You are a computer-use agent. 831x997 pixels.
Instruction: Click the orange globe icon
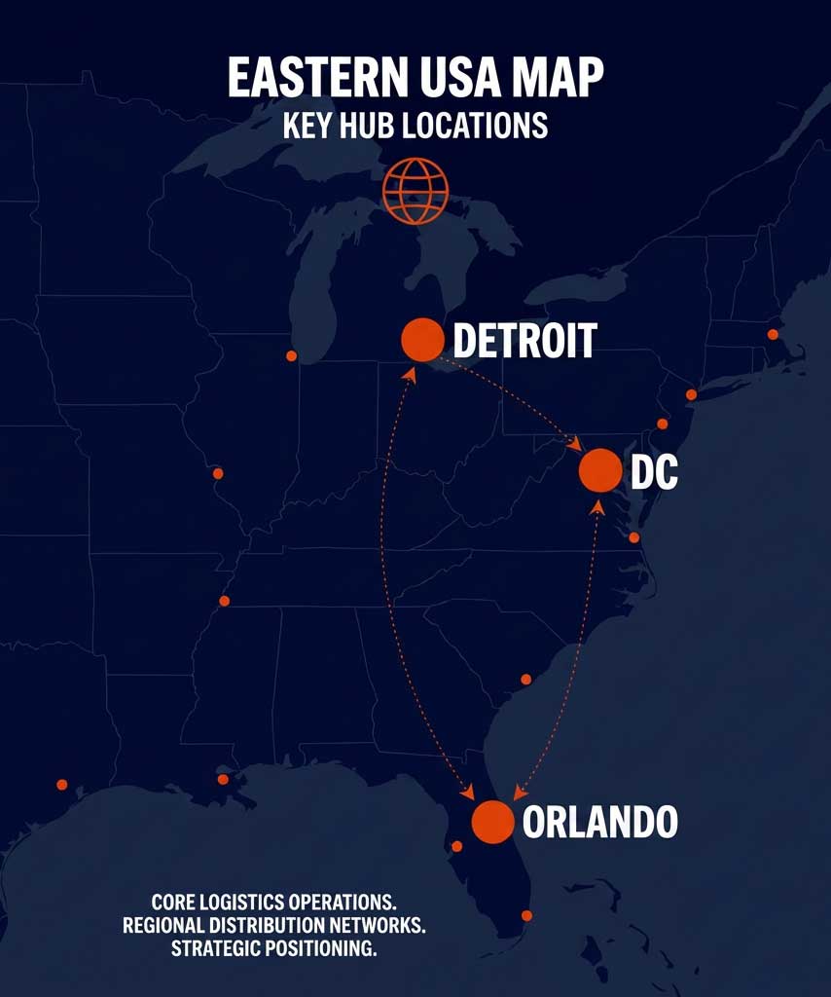(x=415, y=190)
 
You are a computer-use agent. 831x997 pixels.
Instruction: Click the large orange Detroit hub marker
(x=422, y=339)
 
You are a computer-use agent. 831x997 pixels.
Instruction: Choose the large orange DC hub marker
(x=599, y=470)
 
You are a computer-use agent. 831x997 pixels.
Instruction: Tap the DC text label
(x=654, y=472)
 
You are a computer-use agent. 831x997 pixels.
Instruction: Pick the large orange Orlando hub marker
(x=492, y=822)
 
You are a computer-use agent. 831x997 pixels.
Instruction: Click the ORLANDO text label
(x=599, y=823)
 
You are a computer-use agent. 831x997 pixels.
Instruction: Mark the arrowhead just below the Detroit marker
(x=411, y=373)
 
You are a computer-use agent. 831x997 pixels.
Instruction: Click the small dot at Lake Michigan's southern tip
(x=291, y=355)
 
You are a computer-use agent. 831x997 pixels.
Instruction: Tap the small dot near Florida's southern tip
(x=526, y=915)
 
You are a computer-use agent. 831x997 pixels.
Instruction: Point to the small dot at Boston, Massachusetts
(x=773, y=334)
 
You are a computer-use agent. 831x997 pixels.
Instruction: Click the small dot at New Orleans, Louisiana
(x=223, y=779)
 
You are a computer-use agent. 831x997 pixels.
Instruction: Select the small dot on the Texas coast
(x=62, y=784)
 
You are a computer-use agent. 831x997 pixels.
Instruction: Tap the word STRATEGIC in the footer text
(x=218, y=949)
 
